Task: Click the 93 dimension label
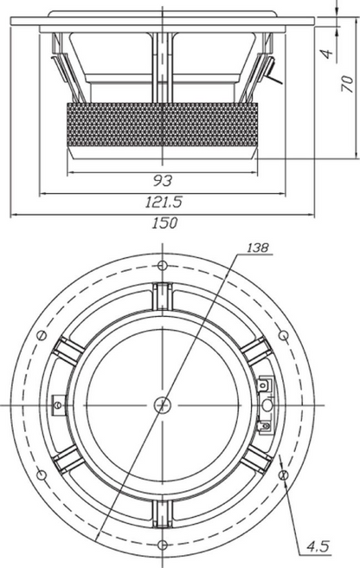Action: [x=163, y=180]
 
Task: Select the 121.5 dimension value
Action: [x=164, y=202]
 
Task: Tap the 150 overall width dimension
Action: [x=164, y=223]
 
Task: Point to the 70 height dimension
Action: [x=347, y=84]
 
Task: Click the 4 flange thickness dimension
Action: [x=327, y=54]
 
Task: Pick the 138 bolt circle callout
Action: [x=258, y=248]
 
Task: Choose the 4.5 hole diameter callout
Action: [x=318, y=545]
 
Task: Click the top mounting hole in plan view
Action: [x=162, y=266]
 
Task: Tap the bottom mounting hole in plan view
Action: [x=163, y=545]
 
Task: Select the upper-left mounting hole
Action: [x=42, y=335]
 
